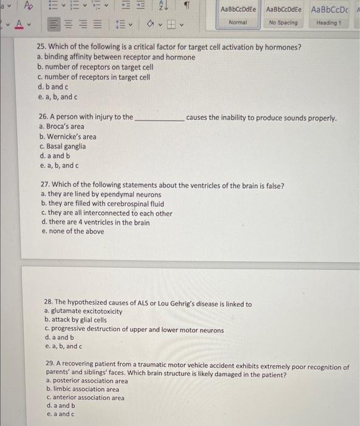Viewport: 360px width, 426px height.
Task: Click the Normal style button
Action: click(238, 15)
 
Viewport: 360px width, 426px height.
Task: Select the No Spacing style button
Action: click(283, 15)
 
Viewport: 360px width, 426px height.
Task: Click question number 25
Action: click(42, 47)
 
